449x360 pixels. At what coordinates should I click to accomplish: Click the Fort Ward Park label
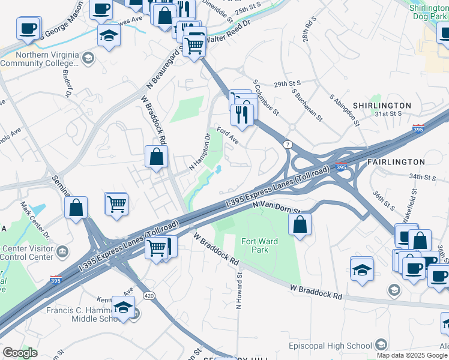click(x=255, y=245)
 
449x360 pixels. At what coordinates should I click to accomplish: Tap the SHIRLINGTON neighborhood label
click(x=381, y=106)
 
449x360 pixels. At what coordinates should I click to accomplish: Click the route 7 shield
click(x=288, y=145)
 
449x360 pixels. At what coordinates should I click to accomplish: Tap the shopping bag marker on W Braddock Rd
click(x=156, y=157)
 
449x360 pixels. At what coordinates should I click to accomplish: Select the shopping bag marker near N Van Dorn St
click(x=300, y=224)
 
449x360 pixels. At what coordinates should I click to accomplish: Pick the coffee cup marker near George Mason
click(x=28, y=28)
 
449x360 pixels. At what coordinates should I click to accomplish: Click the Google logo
click(x=20, y=353)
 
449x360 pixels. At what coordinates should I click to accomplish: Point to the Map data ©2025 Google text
click(x=412, y=355)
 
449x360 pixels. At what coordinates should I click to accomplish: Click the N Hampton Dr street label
click(x=200, y=151)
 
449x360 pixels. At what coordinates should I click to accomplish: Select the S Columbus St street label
click(x=266, y=97)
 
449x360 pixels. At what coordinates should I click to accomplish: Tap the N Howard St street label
click(x=239, y=291)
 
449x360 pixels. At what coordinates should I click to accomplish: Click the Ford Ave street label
click(x=228, y=136)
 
